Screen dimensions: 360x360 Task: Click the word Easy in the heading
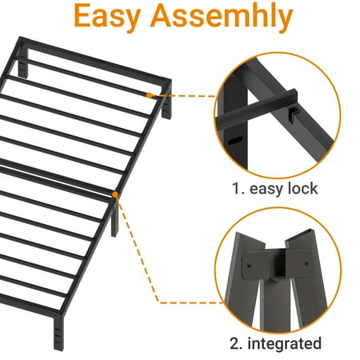(107, 17)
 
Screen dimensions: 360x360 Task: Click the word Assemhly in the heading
(222, 17)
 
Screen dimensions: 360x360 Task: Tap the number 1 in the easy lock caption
(237, 189)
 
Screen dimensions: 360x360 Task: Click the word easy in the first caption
(266, 190)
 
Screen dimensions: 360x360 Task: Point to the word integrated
(285, 344)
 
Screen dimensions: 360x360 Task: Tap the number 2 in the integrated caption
(236, 343)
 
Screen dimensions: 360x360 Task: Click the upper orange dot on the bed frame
(150, 95)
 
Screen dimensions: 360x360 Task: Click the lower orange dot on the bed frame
(115, 194)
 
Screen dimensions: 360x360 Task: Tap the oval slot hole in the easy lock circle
(235, 141)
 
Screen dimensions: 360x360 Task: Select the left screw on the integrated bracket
(249, 266)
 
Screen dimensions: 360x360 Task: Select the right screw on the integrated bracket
(306, 264)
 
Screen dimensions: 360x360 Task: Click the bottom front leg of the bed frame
(58, 332)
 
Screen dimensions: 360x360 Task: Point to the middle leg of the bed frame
(114, 218)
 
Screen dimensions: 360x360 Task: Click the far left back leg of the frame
(23, 63)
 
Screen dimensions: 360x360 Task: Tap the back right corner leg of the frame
(167, 102)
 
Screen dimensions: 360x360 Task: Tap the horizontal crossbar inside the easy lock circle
(258, 110)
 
